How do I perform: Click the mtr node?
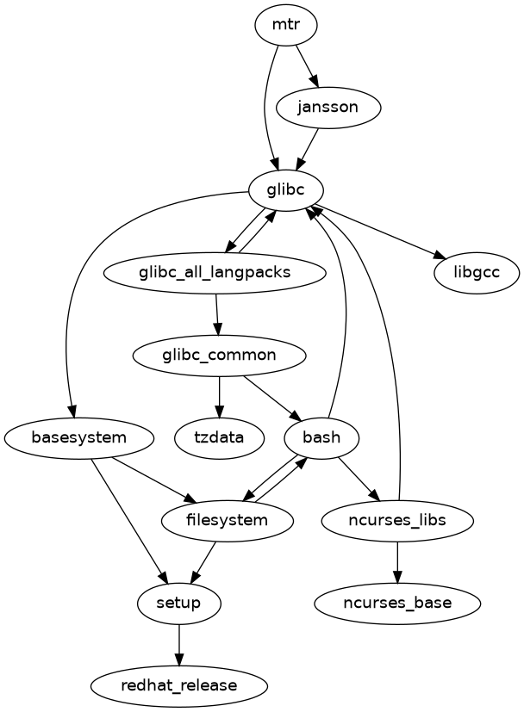286,25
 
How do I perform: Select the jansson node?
328,108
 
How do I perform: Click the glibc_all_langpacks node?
215,273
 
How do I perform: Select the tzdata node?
220,437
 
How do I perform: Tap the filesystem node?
228,520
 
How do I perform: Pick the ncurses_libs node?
396,520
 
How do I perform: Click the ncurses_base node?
396,603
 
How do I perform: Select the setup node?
178,603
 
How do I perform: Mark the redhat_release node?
178,685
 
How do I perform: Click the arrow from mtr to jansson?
308,66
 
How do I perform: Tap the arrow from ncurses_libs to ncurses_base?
396,561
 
